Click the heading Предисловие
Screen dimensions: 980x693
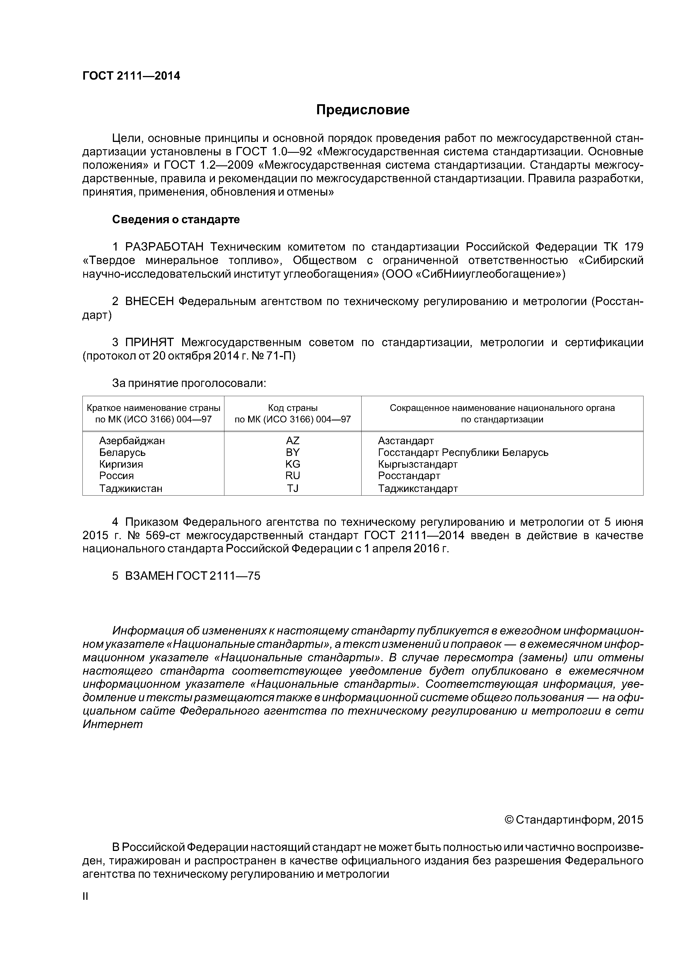(362, 110)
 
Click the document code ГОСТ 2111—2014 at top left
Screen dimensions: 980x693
(131, 76)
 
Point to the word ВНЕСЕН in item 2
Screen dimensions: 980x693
(149, 301)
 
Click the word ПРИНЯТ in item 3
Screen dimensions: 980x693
(149, 342)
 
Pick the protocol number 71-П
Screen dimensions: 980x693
(281, 356)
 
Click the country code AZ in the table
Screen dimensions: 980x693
(293, 441)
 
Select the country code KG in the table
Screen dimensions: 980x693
(293, 464)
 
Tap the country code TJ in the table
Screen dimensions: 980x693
(293, 488)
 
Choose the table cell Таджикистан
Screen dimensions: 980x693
(131, 488)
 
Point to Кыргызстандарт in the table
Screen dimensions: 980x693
(417, 464)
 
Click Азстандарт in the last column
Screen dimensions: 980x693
(406, 441)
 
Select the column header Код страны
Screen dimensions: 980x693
(293, 408)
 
